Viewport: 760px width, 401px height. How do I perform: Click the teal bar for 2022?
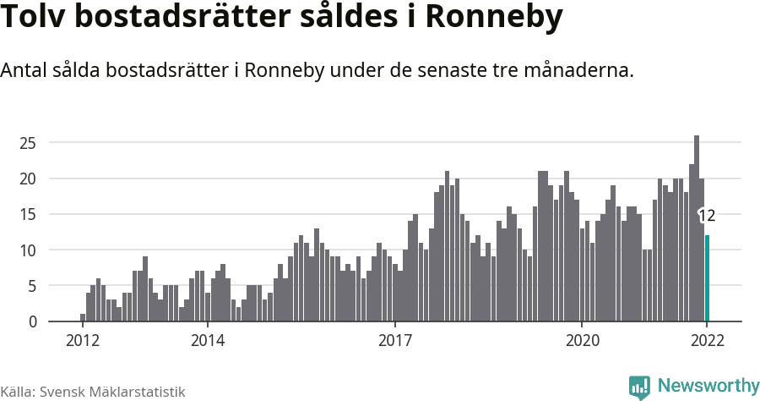click(x=707, y=279)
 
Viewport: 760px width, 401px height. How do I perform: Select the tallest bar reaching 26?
click(x=697, y=228)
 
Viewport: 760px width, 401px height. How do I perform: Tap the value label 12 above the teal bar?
click(x=707, y=217)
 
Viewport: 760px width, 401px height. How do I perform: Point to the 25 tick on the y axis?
click(x=29, y=143)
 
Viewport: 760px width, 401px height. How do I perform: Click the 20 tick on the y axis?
click(x=29, y=179)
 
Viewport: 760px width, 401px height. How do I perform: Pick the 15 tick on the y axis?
click(x=29, y=215)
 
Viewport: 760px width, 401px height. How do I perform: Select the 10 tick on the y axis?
click(x=29, y=250)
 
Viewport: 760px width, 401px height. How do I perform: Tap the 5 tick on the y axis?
click(x=32, y=286)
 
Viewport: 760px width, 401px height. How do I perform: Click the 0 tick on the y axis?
click(x=32, y=322)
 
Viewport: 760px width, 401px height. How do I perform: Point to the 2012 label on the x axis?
click(x=83, y=341)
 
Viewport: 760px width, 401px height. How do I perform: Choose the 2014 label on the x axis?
click(x=207, y=341)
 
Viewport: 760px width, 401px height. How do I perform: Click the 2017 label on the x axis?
click(x=394, y=341)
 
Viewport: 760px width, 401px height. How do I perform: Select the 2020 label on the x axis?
click(x=582, y=341)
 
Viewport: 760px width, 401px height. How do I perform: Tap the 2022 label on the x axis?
click(x=707, y=341)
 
